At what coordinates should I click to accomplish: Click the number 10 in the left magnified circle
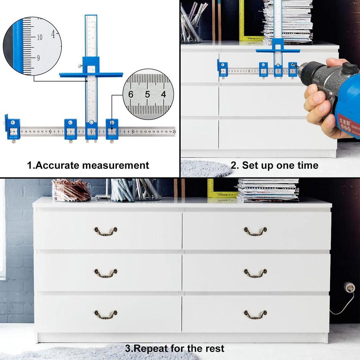click(x=39, y=37)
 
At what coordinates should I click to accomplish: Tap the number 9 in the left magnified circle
click(x=38, y=58)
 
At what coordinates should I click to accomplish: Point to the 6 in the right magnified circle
click(x=131, y=95)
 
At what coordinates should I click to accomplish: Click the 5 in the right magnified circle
click(x=147, y=95)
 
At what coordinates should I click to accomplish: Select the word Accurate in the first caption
click(x=57, y=166)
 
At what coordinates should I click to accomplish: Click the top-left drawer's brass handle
click(x=106, y=231)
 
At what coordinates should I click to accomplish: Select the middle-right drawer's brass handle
click(x=255, y=274)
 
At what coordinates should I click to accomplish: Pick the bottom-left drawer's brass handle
click(x=106, y=314)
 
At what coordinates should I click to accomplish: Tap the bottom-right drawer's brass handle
click(x=255, y=314)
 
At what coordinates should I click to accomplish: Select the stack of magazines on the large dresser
click(x=268, y=190)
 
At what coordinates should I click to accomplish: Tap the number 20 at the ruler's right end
click(x=174, y=132)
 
